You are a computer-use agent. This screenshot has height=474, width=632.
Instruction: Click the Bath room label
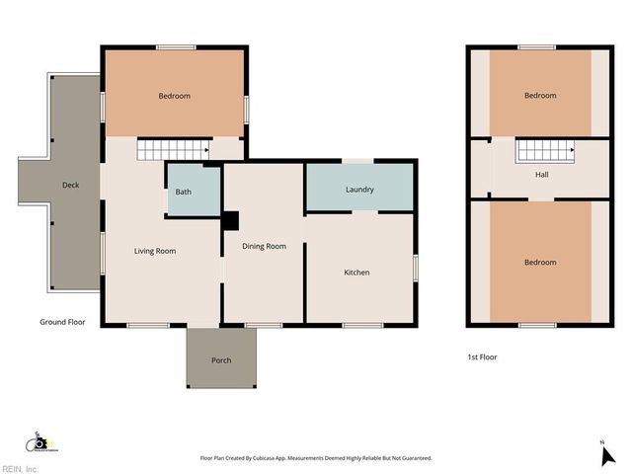click(184, 192)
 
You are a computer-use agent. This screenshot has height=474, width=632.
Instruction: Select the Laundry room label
click(358, 190)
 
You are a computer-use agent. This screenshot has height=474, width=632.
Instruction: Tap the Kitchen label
click(356, 273)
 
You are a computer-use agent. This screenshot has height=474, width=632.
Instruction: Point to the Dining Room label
click(264, 246)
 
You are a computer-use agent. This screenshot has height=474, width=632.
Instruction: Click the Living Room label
click(155, 251)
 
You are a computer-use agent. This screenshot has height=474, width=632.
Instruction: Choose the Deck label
click(70, 186)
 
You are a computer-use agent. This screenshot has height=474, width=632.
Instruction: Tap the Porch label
click(221, 360)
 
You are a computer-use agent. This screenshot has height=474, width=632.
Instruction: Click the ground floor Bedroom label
click(174, 96)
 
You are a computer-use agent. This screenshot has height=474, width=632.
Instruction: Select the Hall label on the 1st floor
click(541, 175)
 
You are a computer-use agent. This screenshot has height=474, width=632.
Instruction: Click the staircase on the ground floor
click(172, 149)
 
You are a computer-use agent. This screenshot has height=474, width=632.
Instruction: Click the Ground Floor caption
click(63, 322)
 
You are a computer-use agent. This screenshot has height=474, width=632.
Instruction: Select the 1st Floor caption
click(482, 356)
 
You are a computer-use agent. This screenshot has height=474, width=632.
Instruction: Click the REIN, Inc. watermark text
click(20, 469)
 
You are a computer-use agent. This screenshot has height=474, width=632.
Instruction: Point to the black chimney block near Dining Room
click(230, 222)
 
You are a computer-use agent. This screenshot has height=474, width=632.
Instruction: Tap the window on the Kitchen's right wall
click(416, 269)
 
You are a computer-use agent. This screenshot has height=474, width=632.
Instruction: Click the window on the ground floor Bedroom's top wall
click(175, 46)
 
